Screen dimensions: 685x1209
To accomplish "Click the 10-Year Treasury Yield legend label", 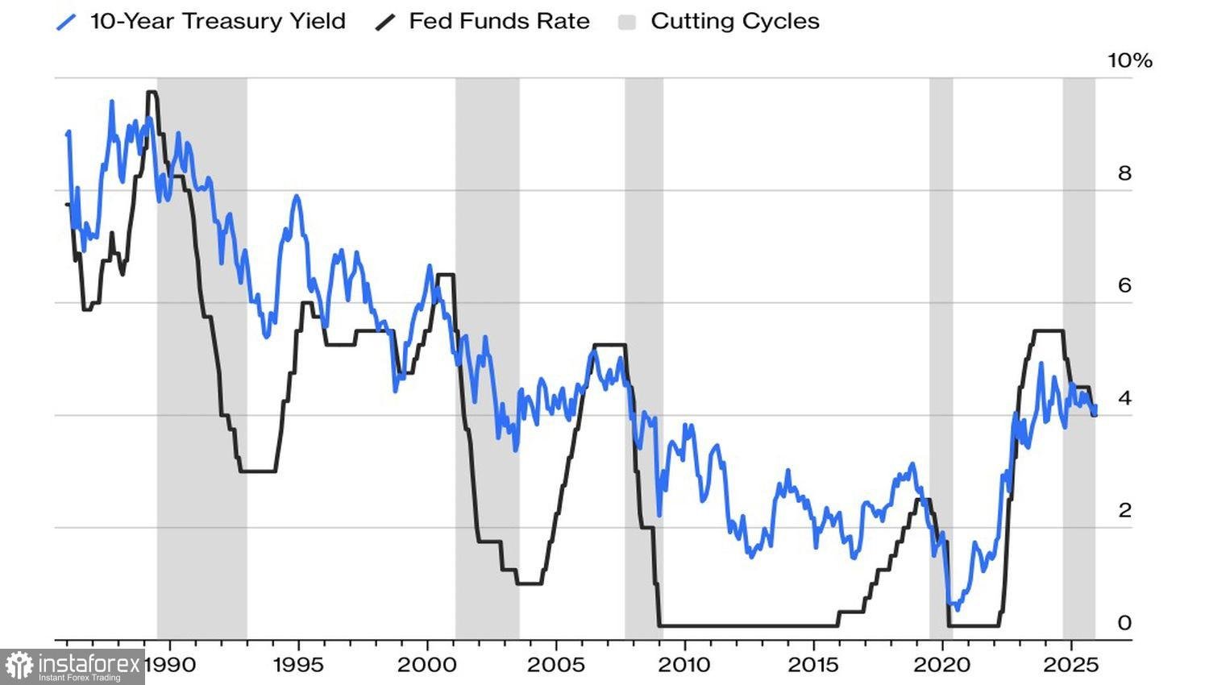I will (x=218, y=21).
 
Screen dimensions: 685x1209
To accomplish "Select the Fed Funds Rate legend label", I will (x=499, y=21).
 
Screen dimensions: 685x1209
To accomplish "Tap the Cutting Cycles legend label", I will (x=734, y=21).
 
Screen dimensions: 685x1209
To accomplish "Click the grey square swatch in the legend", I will (x=627, y=22).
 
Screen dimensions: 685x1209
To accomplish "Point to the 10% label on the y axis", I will (x=1130, y=60).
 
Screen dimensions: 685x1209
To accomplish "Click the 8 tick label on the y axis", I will (x=1124, y=173).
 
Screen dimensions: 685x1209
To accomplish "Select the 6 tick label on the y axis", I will (x=1124, y=285).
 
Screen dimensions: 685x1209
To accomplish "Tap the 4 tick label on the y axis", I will (x=1124, y=398).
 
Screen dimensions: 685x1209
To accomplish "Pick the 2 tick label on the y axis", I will (x=1124, y=510).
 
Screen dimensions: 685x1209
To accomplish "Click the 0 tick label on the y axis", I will (x=1124, y=623).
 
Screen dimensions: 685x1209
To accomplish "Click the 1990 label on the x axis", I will (x=171, y=665).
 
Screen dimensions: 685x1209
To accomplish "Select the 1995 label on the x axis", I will (x=298, y=665).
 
